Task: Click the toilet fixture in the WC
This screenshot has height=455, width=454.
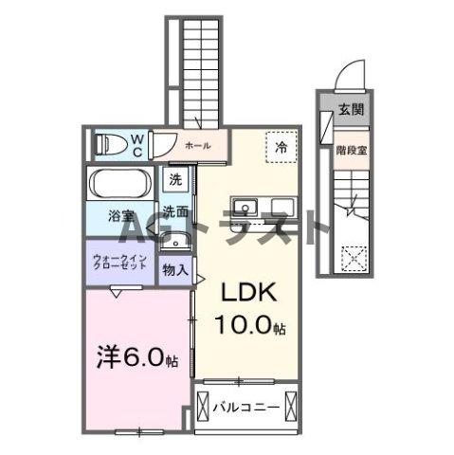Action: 110,145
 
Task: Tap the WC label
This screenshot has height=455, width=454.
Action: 136,145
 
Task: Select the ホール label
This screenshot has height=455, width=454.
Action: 197,145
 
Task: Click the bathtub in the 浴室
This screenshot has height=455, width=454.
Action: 118,182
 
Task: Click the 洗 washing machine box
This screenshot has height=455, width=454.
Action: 175,179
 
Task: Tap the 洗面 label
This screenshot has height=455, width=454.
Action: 173,212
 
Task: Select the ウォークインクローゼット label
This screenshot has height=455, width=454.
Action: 119,262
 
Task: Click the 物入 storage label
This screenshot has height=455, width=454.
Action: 173,270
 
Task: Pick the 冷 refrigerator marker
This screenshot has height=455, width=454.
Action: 281,147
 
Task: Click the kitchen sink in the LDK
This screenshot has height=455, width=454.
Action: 249,207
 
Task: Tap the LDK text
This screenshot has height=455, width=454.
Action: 249,294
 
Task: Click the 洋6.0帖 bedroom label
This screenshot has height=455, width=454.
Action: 136,361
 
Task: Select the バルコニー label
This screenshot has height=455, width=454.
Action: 245,409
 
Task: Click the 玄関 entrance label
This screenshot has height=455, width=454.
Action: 351,109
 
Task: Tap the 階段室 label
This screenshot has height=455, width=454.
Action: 350,149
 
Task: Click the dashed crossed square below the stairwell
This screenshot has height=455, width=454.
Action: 353,257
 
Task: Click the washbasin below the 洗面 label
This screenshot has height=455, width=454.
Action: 173,237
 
